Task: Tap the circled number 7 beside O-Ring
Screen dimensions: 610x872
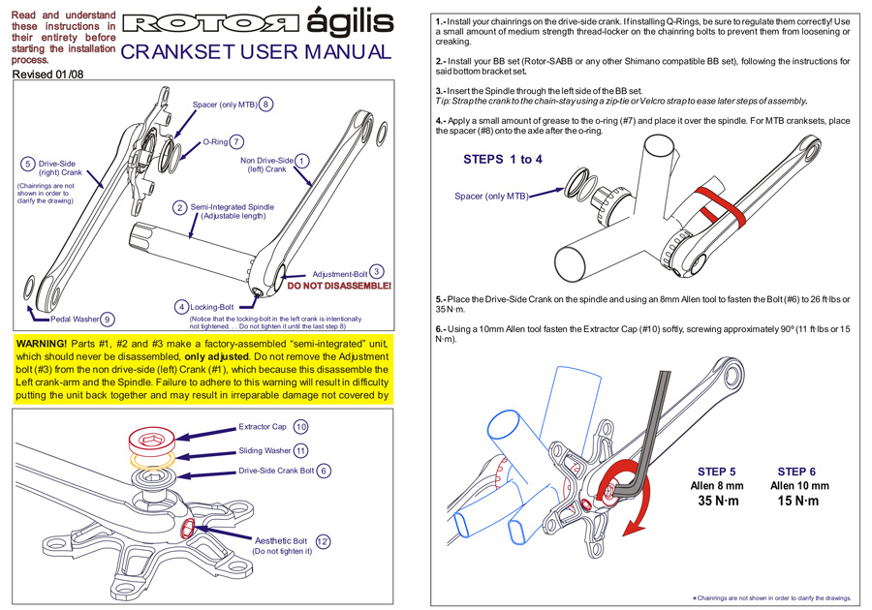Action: (237, 141)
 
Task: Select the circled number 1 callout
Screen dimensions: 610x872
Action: (302, 161)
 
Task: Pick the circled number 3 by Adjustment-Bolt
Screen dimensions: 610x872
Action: (377, 273)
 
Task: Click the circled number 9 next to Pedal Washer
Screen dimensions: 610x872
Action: (108, 319)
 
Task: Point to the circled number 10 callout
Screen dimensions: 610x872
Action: (300, 427)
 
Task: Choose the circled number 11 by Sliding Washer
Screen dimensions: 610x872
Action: (301, 450)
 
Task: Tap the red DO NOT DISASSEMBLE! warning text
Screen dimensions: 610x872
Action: (339, 287)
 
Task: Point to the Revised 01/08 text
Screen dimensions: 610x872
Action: (48, 74)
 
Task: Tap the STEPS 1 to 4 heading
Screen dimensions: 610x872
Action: (503, 159)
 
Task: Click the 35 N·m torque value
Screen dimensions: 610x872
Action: (718, 501)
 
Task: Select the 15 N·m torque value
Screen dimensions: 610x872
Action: (797, 501)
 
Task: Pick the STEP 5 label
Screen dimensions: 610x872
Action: (716, 472)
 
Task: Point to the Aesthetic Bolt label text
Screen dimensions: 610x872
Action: (281, 540)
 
